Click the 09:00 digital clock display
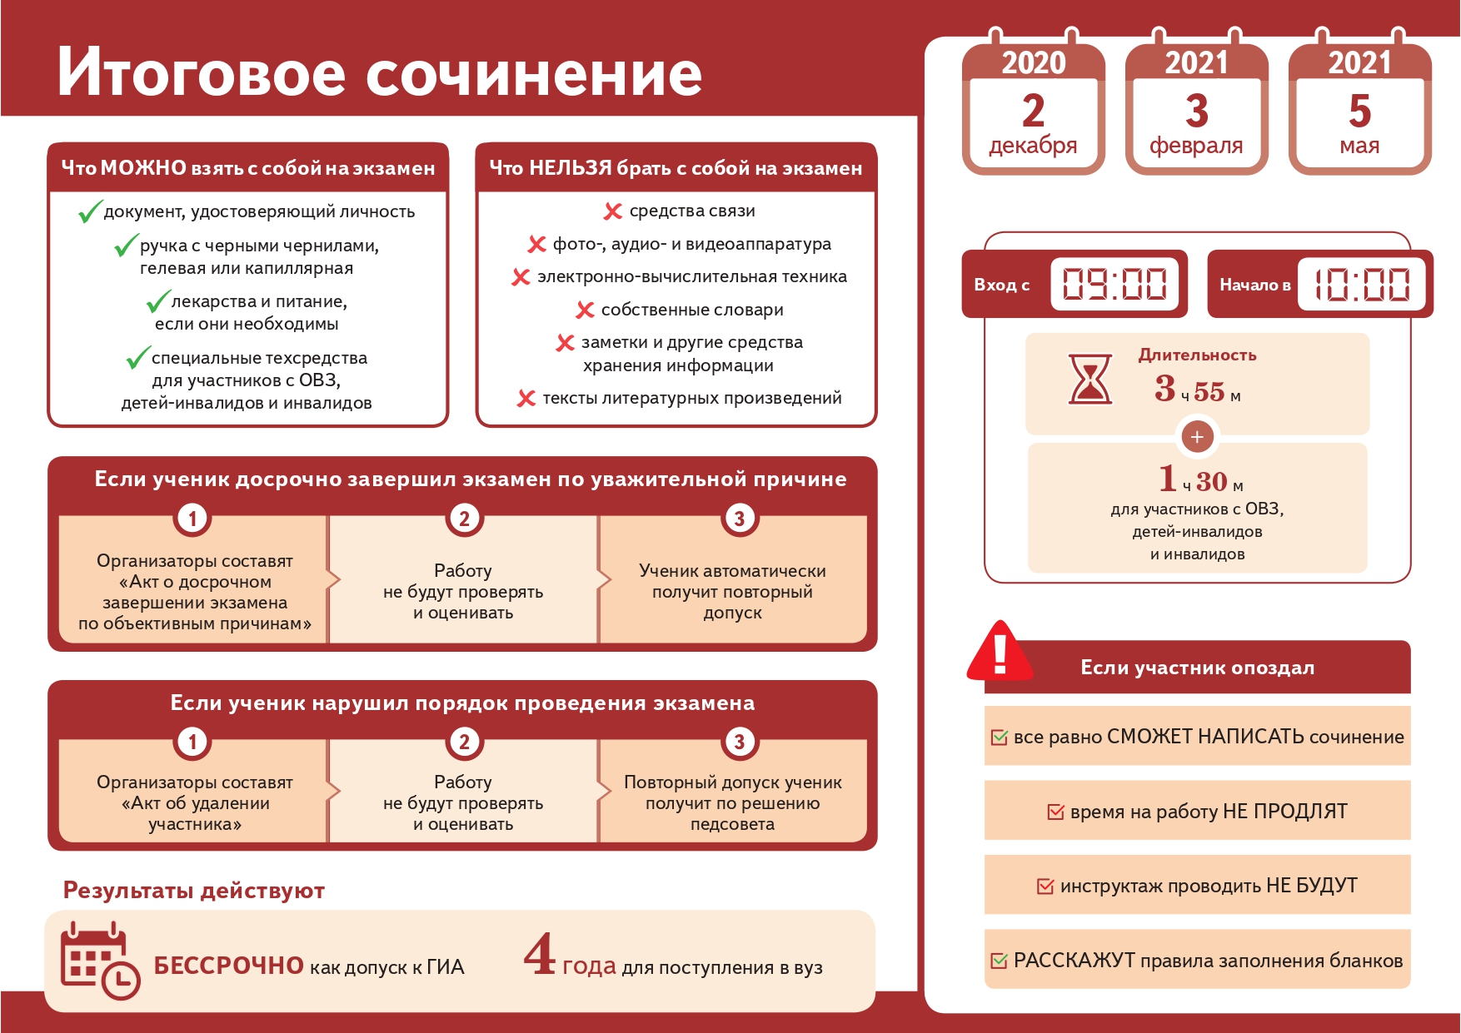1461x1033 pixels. [1115, 284]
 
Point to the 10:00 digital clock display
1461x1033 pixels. [1362, 284]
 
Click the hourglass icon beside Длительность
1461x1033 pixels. [1090, 379]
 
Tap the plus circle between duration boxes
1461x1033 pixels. [1197, 436]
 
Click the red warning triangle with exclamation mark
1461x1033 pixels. [1000, 651]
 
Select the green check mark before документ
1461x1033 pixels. [90, 211]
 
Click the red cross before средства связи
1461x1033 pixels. [613, 211]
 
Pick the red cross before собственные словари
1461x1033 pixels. [585, 310]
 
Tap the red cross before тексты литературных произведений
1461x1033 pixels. [526, 398]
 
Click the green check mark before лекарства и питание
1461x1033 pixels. [158, 300]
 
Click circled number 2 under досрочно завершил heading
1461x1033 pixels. [464, 519]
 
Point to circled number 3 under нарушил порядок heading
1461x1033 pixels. [739, 742]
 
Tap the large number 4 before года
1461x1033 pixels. [540, 954]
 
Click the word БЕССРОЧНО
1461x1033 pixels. [229, 966]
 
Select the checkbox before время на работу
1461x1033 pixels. [1055, 812]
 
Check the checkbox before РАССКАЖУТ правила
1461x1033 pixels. [999, 961]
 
